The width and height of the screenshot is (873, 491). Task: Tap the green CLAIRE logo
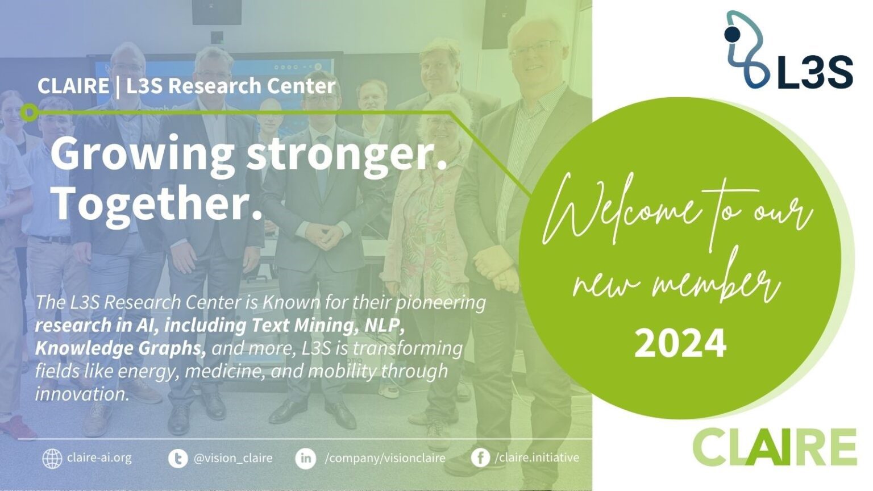[x=775, y=447]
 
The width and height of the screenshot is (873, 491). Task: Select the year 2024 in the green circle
[x=680, y=343]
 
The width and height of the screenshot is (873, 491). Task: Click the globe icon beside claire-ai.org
[x=52, y=458]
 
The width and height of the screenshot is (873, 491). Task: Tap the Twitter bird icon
[x=178, y=458]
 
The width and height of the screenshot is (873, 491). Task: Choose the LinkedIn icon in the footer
[x=306, y=458]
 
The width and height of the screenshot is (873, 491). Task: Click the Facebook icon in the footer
[x=481, y=458]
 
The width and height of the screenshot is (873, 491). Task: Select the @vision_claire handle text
[x=233, y=458]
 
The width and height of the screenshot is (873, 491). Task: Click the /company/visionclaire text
[x=385, y=458]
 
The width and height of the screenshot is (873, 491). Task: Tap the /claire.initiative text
[x=537, y=457]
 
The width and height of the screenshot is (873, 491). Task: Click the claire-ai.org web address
[x=99, y=457]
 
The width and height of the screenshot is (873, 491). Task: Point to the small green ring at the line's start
[x=30, y=112]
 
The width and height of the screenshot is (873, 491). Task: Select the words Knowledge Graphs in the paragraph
[x=120, y=348]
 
